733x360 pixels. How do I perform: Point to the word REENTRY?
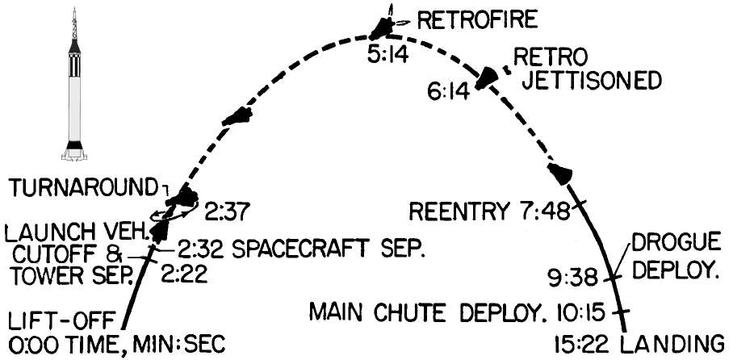tap(458, 214)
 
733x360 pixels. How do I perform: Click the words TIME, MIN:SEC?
tap(142, 341)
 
